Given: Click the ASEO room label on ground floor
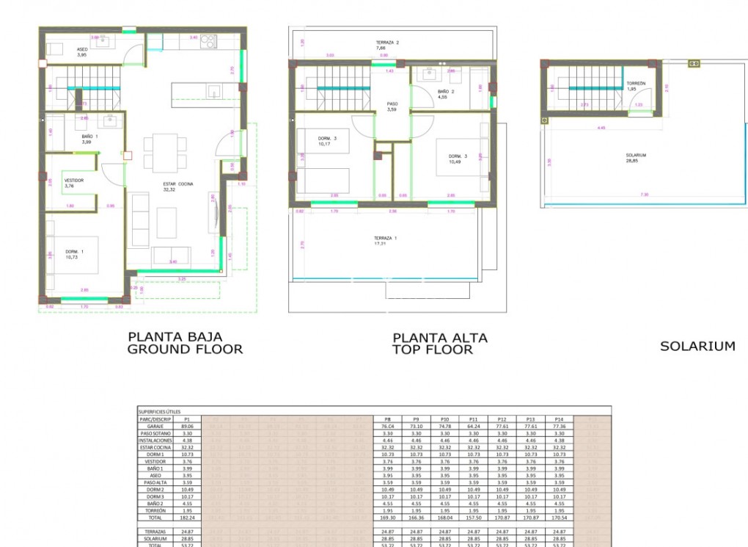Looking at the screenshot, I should tap(82, 49).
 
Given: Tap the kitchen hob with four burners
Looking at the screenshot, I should tap(208, 40).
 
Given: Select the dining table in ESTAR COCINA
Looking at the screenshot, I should tap(159, 153).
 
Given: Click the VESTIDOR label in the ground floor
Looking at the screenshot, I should tap(73, 180).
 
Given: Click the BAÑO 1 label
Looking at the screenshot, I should tap(90, 137).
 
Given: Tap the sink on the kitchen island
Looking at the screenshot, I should tap(213, 92).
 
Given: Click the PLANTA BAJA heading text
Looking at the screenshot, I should tap(175, 336).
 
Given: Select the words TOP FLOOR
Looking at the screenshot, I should tap(432, 350).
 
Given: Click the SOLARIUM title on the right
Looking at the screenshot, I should tap(697, 346).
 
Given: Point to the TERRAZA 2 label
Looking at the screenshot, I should tap(387, 43).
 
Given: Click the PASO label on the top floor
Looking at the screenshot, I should tap(392, 104).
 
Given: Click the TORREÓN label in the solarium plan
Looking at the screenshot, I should tap(636, 84).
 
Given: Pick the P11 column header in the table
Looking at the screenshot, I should tap(473, 419).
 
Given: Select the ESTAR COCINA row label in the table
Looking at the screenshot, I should tap(155, 446).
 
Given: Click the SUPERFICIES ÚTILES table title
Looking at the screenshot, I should tap(158, 412).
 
